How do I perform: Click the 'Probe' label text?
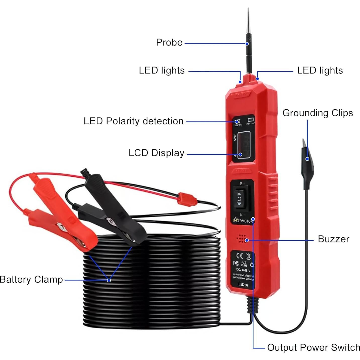(169, 42)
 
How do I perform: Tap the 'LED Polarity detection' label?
(133, 121)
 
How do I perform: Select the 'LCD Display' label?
(156, 153)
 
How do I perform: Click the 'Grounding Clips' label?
(318, 113)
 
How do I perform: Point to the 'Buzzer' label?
(333, 239)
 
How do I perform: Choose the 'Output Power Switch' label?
(314, 347)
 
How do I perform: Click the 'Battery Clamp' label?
(31, 279)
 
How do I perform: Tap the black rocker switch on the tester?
(239, 199)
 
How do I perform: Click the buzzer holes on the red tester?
(242, 239)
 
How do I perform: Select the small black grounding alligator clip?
(306, 161)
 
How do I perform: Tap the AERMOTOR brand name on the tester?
(243, 221)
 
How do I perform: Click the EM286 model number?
(243, 285)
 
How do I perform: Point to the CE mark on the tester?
(240, 256)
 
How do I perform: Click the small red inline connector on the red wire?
(186, 198)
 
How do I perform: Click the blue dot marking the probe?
(247, 44)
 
